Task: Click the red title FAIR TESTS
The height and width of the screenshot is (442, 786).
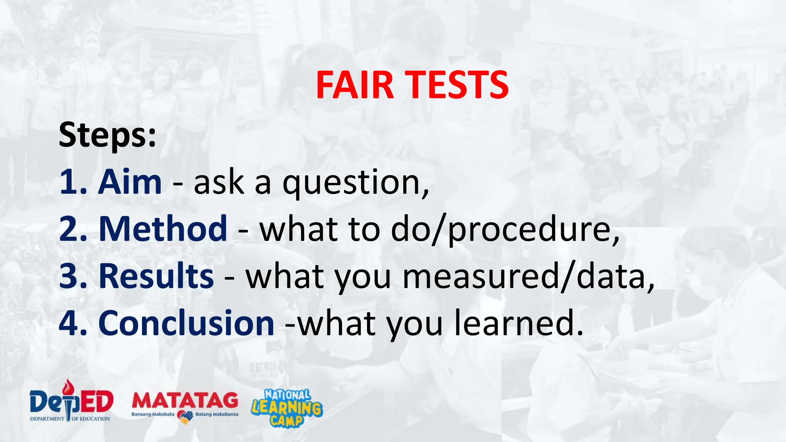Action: pyautogui.click(x=412, y=85)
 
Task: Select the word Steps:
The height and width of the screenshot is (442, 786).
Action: pyautogui.click(x=107, y=135)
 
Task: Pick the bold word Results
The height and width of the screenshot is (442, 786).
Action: pyautogui.click(x=156, y=276)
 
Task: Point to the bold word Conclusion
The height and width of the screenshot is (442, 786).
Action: pyautogui.click(x=186, y=323)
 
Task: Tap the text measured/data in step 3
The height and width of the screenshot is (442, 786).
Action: pyautogui.click(x=526, y=277)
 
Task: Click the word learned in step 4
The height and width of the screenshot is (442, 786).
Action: pyautogui.click(x=514, y=323)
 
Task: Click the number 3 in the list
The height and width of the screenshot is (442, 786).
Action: pyautogui.click(x=70, y=276)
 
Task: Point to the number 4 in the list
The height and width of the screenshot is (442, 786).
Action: pyautogui.click(x=70, y=323)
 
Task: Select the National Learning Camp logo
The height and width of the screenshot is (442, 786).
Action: pyautogui.click(x=287, y=407)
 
